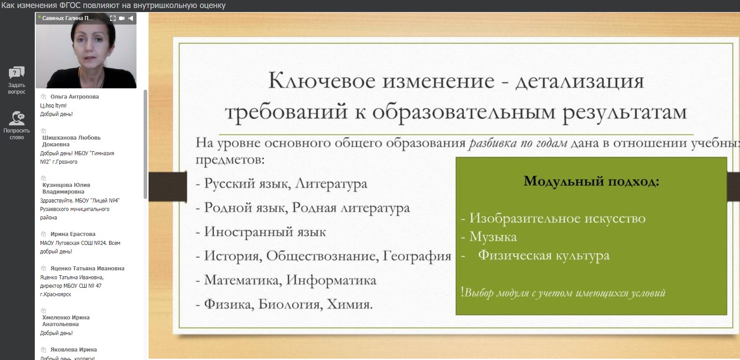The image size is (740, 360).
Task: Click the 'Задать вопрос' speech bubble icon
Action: tap(17, 72)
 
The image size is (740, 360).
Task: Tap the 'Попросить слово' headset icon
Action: tap(17, 118)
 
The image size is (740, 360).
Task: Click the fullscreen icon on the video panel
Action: tap(113, 18)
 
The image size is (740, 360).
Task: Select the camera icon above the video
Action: tap(122, 18)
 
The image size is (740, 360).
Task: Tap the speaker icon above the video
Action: tap(131, 18)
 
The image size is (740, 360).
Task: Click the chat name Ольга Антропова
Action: tap(74, 97)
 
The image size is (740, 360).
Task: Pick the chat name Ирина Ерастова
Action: tap(73, 234)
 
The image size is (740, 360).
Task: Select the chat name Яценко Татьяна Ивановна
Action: tap(87, 269)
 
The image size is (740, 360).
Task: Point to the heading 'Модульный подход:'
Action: tap(591, 182)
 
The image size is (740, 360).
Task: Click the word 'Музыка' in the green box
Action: tap(493, 237)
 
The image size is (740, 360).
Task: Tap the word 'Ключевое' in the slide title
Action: tap(322, 81)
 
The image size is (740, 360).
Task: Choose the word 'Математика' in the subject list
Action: tap(243, 280)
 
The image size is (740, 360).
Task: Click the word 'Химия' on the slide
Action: tap(350, 304)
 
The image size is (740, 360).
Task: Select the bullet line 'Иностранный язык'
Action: tap(260, 232)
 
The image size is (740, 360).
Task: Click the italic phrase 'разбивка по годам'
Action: tap(518, 143)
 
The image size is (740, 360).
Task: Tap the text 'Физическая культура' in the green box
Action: tap(544, 256)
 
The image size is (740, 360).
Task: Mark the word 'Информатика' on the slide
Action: tap(331, 280)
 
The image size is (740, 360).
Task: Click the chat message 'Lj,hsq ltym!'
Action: tap(53, 106)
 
